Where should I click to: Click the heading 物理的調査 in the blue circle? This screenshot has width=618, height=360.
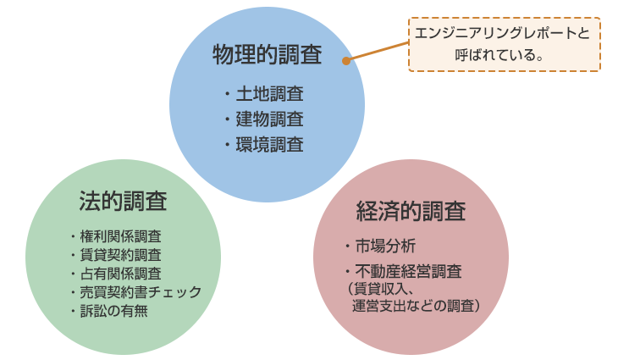(x=267, y=55)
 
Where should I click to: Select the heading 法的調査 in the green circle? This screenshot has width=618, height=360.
(x=123, y=201)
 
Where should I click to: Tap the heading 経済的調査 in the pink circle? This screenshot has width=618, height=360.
(x=411, y=211)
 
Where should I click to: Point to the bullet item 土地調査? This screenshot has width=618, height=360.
(x=269, y=94)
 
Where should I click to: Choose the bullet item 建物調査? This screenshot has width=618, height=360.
(x=269, y=119)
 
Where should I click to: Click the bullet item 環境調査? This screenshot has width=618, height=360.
(x=269, y=144)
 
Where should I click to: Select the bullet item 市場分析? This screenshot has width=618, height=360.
(x=385, y=246)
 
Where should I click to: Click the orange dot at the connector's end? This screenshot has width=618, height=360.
(x=345, y=61)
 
